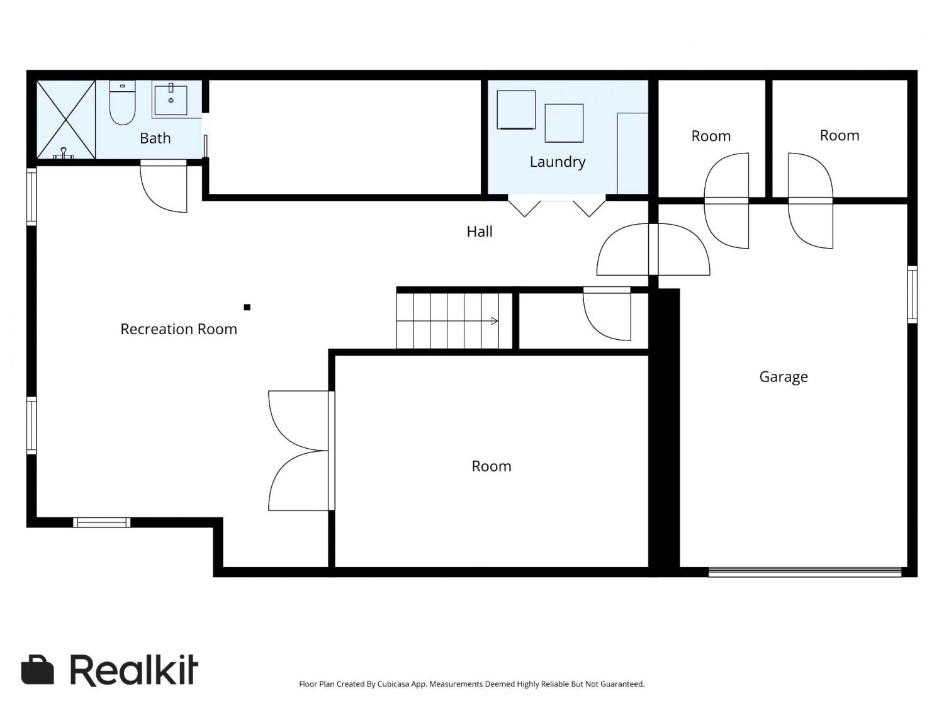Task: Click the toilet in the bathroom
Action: [122, 103]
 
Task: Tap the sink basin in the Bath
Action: [171, 100]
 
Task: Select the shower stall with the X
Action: [66, 120]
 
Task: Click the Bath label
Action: [155, 138]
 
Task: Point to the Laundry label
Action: [558, 162]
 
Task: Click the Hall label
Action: [480, 232]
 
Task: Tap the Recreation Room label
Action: [179, 329]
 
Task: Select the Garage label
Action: [783, 376]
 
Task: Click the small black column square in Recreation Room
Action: [247, 307]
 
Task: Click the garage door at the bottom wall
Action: [805, 571]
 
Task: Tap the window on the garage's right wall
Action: [912, 294]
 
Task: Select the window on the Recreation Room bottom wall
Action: [101, 522]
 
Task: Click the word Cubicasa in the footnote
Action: [393, 684]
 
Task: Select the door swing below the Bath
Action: [164, 186]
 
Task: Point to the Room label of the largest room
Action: [491, 466]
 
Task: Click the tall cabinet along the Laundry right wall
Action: [632, 154]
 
